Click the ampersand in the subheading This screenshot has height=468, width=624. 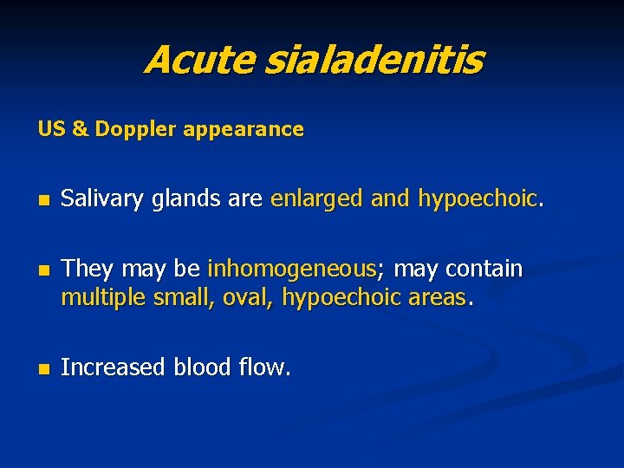(80, 129)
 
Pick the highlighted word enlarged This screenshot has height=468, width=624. (317, 199)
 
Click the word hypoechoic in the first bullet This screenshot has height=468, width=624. (478, 199)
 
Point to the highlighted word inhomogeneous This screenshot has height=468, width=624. (292, 270)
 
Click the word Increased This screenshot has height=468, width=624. (114, 367)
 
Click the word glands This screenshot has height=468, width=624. (183, 199)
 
